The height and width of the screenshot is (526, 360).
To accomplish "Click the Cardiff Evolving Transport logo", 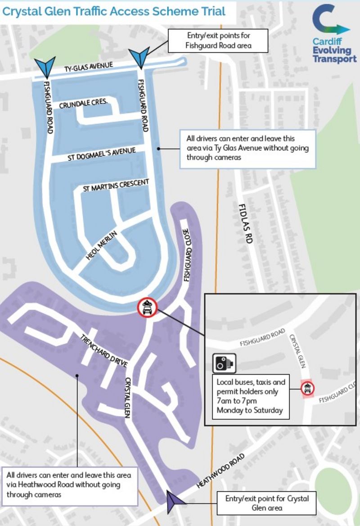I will coord(334,34).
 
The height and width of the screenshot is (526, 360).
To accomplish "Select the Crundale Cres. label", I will coord(83,103).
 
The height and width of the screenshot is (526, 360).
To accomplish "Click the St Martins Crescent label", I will coord(116,185).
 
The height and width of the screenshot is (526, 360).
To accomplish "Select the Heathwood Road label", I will coord(221,471).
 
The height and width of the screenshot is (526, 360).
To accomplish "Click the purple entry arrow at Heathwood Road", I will coord(173,502).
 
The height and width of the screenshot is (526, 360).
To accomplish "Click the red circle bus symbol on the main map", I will coord(147,308).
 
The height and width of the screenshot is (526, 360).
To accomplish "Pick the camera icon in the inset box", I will coord(225,363).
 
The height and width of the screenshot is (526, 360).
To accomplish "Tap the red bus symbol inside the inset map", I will coord(307,388).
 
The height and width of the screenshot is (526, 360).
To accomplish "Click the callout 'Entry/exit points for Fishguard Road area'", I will coord(218,41).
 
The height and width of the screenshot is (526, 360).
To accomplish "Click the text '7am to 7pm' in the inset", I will coord(237,401).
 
